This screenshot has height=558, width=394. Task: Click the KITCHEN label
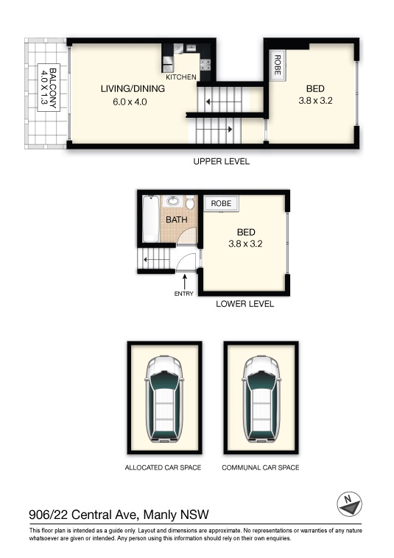click(181, 77)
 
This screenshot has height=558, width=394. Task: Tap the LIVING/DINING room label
click(133, 88)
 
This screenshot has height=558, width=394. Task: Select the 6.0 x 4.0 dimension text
click(130, 102)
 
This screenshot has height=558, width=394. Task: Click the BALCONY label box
click(49, 88)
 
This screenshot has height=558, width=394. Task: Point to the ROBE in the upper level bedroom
click(277, 65)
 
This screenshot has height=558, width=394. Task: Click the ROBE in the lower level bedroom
click(221, 203)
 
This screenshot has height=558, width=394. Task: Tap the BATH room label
click(177, 219)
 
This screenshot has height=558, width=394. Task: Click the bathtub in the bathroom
click(150, 219)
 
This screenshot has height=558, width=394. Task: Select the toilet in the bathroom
click(190, 202)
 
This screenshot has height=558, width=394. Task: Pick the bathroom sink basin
click(173, 201)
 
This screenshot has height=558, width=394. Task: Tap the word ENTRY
click(183, 294)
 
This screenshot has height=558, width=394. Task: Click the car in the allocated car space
click(164, 398)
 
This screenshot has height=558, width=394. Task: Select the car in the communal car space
click(261, 398)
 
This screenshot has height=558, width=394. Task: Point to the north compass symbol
click(349, 504)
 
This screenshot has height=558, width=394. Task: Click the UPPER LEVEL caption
click(222, 161)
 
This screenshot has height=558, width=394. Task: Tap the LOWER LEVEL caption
click(245, 304)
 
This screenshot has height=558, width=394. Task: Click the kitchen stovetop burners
click(205, 65)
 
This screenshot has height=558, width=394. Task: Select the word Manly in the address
click(160, 515)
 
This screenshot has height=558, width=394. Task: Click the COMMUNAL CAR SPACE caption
click(261, 467)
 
